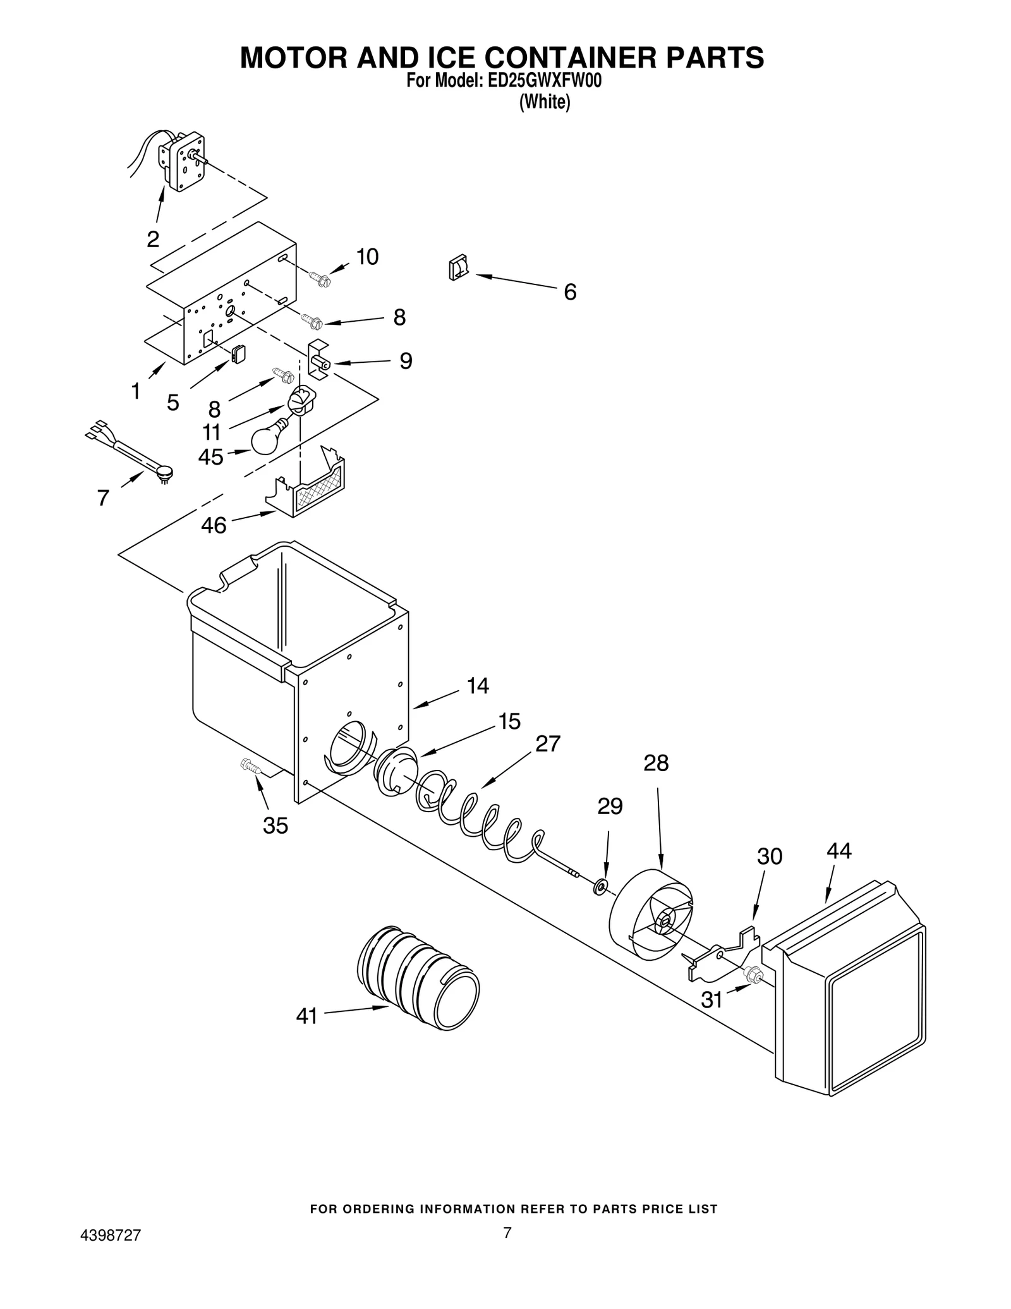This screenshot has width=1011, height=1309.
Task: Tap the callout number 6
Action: pyautogui.click(x=570, y=292)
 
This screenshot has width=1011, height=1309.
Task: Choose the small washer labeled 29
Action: pyautogui.click(x=600, y=887)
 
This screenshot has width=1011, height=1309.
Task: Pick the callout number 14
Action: pyautogui.click(x=478, y=686)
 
